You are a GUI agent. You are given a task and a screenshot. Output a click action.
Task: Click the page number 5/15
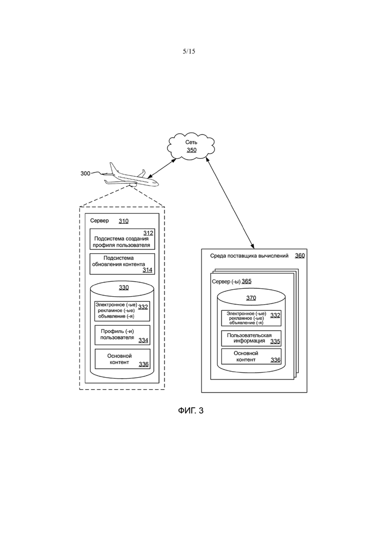tap(189, 51)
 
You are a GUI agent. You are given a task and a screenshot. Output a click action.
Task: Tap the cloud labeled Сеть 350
tap(191, 146)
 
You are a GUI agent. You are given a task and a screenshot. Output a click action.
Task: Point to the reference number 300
tap(85, 173)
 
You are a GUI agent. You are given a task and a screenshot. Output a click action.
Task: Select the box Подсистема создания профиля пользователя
tap(122, 239)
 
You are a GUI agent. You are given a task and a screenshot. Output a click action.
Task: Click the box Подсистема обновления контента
tap(122, 264)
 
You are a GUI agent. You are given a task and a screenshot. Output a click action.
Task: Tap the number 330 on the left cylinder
tap(124, 287)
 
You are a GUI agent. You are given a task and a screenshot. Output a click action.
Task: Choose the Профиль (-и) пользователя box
tap(122, 335)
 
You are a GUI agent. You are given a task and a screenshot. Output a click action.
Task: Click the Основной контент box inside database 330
tap(122, 359)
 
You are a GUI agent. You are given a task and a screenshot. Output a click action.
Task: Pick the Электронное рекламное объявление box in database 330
tap(122, 311)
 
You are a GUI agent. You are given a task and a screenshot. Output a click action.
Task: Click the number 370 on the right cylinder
tap(251, 298)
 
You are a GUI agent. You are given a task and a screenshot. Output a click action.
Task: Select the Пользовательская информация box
tap(251, 338)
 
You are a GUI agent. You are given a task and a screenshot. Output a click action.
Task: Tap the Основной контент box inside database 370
tap(251, 356)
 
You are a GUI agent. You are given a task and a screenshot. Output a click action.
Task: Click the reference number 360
tap(299, 255)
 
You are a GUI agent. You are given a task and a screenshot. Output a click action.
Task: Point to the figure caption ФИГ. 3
tap(191, 411)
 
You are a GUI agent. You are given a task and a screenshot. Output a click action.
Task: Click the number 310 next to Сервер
tap(123, 221)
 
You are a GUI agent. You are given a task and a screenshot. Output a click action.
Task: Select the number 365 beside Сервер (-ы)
tap(246, 281)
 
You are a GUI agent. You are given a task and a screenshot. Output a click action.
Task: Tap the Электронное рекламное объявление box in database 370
tap(251, 318)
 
